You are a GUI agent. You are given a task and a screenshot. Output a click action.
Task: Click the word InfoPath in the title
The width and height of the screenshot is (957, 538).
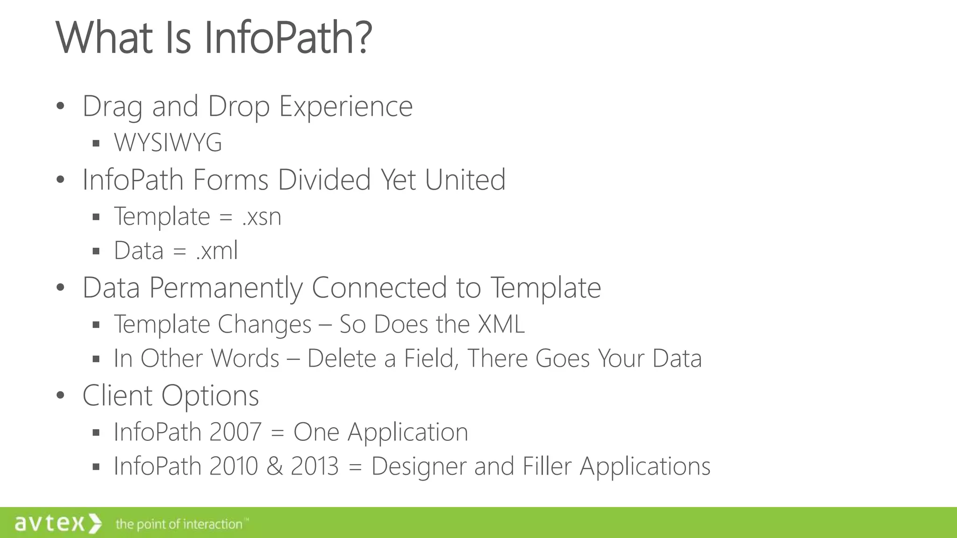pos(279,37)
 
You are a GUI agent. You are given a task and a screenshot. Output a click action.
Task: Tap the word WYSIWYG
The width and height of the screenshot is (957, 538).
pos(168,142)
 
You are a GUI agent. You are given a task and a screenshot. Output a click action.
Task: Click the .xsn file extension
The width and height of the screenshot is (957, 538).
pos(262,217)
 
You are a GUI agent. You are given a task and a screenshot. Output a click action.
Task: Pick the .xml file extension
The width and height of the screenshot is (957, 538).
pos(217,251)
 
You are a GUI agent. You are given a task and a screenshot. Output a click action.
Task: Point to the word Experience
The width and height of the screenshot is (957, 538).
pos(346,106)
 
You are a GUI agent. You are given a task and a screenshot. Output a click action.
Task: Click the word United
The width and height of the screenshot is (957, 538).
pos(465,180)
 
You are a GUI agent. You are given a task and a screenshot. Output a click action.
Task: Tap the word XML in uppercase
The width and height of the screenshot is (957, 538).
pos(501,324)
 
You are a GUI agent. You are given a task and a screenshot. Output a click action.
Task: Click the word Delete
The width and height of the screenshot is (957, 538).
pos(342,359)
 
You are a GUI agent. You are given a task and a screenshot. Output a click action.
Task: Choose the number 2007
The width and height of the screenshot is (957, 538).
pos(235,432)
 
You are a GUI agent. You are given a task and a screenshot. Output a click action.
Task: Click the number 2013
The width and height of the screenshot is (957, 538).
pos(314,466)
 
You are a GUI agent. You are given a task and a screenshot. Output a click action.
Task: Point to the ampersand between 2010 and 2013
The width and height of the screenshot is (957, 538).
pos(274,466)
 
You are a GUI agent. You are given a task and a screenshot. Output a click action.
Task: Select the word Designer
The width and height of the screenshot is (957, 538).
pos(419,466)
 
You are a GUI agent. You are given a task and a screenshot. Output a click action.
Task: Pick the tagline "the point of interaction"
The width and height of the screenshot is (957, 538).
pos(179,524)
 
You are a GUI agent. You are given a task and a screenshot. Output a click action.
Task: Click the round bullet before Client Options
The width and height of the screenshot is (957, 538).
pos(60,395)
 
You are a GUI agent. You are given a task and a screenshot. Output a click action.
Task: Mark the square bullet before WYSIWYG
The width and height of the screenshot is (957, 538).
pos(96,143)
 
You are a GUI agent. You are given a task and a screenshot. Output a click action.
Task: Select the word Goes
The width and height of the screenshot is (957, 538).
pos(562,359)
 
